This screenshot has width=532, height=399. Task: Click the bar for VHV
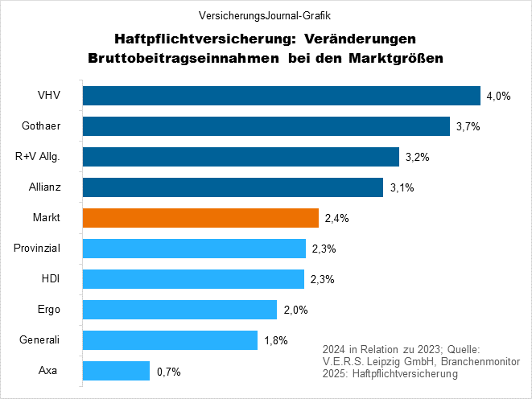[281, 97]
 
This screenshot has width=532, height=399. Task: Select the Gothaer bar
[266, 126]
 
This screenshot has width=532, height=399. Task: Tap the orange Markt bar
[200, 218]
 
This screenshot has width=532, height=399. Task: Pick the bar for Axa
[116, 371]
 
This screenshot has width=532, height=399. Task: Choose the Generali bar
[170, 340]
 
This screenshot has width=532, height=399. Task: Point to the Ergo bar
[179, 310]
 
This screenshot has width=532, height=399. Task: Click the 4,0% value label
[498, 97]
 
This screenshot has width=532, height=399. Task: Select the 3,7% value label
[468, 127]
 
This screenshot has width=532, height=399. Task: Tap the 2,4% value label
[336, 219]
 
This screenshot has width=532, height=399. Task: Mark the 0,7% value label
[168, 372]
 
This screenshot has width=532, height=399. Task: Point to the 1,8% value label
[276, 341]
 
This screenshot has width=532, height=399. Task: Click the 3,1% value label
[401, 188]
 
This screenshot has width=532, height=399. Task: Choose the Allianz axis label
[49, 187]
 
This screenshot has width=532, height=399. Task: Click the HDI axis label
[49, 279]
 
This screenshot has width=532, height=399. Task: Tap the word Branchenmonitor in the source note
[480, 361]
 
